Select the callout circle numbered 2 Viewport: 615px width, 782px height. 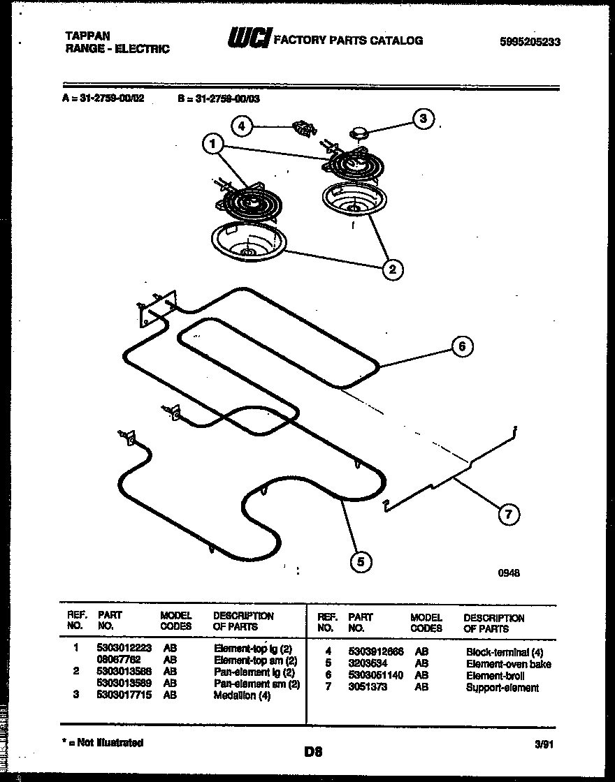click(x=393, y=269)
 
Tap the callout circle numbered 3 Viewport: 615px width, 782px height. click(x=422, y=119)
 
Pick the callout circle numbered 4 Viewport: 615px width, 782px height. click(x=241, y=126)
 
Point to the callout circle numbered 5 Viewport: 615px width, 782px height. click(x=360, y=561)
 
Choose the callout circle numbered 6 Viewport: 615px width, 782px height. click(x=461, y=346)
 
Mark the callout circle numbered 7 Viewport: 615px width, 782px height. click(x=508, y=515)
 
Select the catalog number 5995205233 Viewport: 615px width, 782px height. click(x=530, y=42)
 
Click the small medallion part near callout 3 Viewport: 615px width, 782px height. click(x=359, y=131)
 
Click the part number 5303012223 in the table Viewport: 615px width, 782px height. click(x=124, y=649)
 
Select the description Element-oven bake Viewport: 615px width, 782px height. click(x=508, y=664)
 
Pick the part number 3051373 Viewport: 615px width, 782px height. click(x=366, y=688)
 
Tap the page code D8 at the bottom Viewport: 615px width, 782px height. click(x=312, y=752)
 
